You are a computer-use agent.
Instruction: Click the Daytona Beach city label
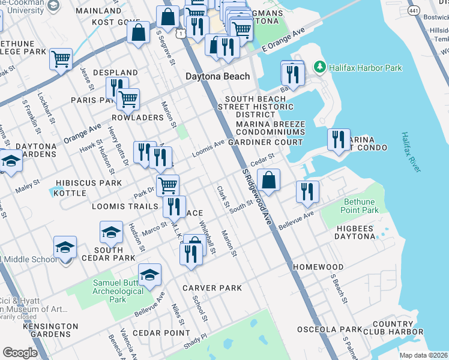217,77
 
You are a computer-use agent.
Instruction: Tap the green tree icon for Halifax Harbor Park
321,67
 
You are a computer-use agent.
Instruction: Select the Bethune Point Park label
361,206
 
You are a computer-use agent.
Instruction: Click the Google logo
20,353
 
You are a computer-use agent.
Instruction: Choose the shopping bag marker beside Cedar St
269,180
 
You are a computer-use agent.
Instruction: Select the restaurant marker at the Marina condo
339,140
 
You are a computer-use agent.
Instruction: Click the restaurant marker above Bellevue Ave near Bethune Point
307,191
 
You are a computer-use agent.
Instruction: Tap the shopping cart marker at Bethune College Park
61,59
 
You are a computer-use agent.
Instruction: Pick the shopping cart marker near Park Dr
167,184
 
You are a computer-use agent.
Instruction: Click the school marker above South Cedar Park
111,232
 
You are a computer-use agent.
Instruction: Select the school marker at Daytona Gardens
10,161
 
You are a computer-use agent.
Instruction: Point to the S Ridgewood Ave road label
258,197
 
